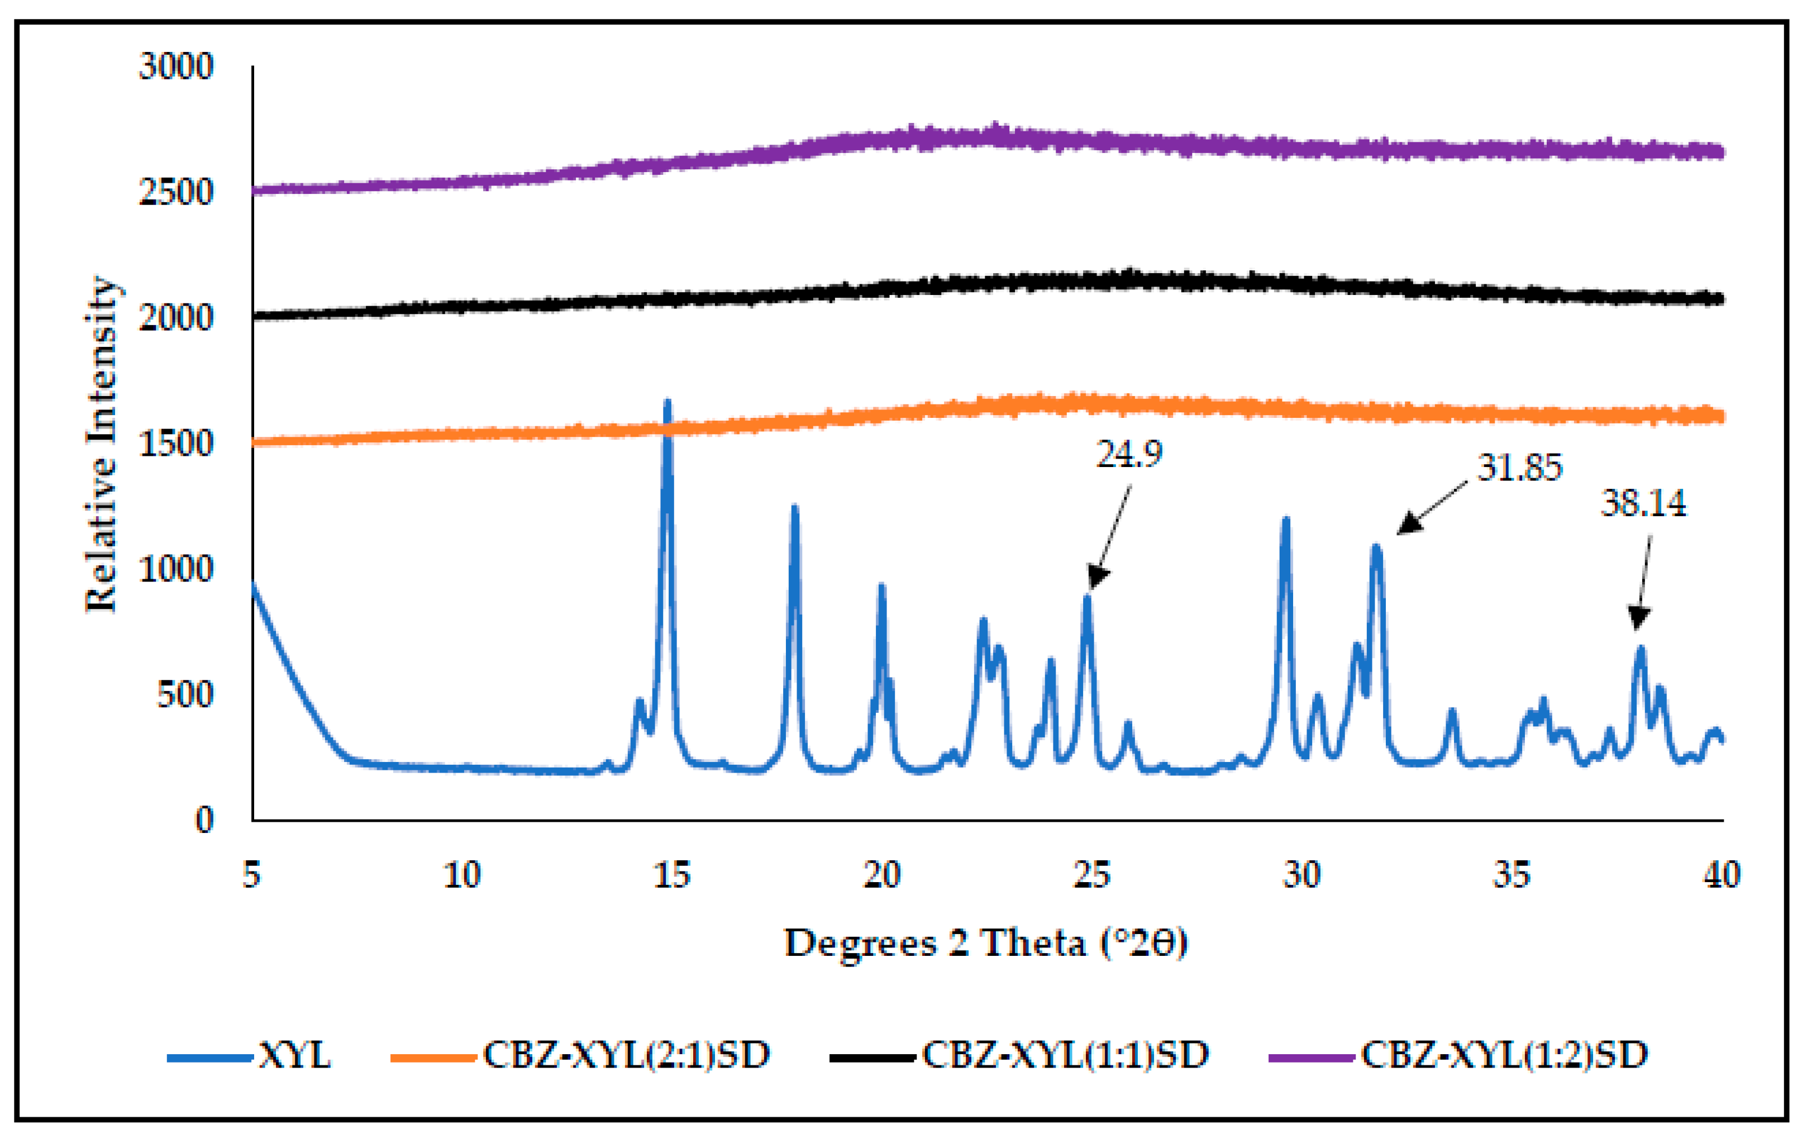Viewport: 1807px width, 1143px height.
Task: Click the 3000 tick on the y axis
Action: pos(175,67)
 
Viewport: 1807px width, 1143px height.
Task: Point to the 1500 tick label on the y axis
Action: pos(175,444)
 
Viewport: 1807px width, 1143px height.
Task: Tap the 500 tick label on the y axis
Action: pos(184,694)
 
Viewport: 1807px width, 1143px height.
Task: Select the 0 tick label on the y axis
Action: pos(204,820)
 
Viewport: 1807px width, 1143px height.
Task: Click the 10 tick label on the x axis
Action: pos(461,875)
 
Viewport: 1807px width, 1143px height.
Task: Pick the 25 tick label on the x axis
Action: pos(1091,875)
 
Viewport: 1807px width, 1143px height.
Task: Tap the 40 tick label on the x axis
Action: pos(1722,875)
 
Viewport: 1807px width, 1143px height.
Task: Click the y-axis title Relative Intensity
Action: pos(101,445)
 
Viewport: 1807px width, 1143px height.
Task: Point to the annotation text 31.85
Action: pos(1519,468)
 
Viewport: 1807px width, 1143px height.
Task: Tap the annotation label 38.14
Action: pos(1643,503)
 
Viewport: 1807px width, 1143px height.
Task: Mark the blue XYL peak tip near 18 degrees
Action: pos(795,509)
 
